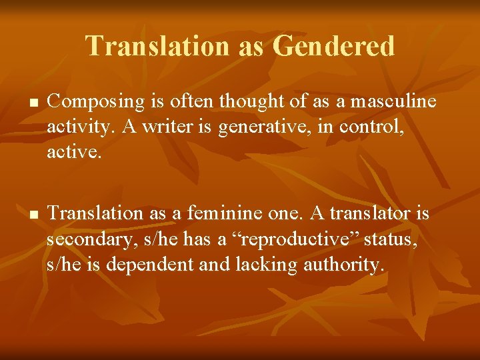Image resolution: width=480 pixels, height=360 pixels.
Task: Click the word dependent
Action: tap(148, 264)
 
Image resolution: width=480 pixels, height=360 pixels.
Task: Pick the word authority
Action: tap(344, 264)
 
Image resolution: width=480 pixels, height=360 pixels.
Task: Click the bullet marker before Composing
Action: tap(32, 104)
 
